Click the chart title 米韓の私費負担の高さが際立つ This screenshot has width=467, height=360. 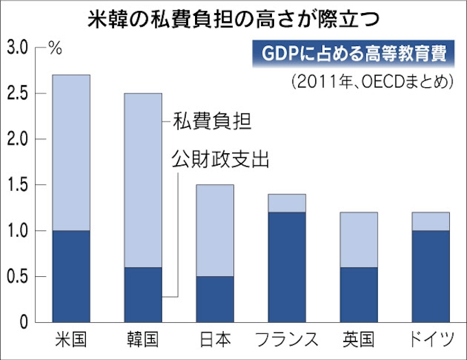point(233,17)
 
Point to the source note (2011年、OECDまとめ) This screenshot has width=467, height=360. point(372,81)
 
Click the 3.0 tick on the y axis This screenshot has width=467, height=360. point(16,47)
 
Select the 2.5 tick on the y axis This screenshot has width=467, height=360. point(16,93)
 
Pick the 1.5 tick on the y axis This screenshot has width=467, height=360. point(16,185)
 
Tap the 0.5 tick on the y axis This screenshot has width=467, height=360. point(16,277)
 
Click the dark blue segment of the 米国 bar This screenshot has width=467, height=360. point(72,276)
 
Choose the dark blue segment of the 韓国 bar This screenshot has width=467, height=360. point(143,295)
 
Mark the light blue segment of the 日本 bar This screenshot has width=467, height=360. point(214,230)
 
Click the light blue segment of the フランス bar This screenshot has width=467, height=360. point(286,203)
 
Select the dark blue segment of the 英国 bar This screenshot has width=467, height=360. point(358,295)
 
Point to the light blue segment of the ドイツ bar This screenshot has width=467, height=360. point(429,221)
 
